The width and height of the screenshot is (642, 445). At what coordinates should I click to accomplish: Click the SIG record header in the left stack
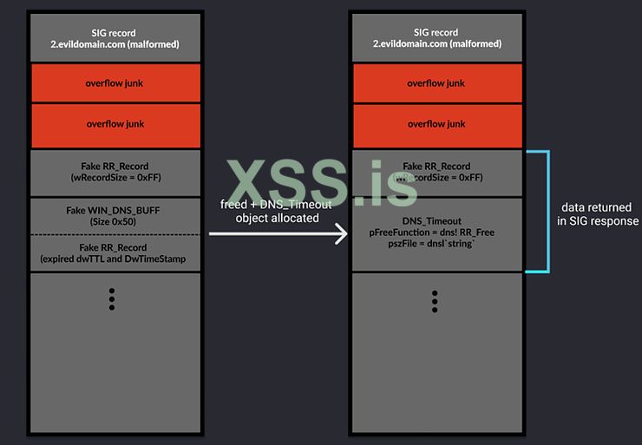coord(115,38)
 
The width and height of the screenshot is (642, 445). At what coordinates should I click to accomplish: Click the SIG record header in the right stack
coord(437,38)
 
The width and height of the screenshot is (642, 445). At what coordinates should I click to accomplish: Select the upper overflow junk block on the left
coord(115,83)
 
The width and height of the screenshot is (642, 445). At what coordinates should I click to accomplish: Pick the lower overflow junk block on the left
coord(115,124)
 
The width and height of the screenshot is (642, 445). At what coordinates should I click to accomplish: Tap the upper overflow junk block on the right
coord(437,83)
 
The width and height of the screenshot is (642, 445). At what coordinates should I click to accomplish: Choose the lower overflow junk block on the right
coord(437,124)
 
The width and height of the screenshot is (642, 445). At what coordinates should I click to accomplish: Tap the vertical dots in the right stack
coord(434,301)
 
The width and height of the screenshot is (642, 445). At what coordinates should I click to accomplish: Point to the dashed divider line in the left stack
coord(115,234)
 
